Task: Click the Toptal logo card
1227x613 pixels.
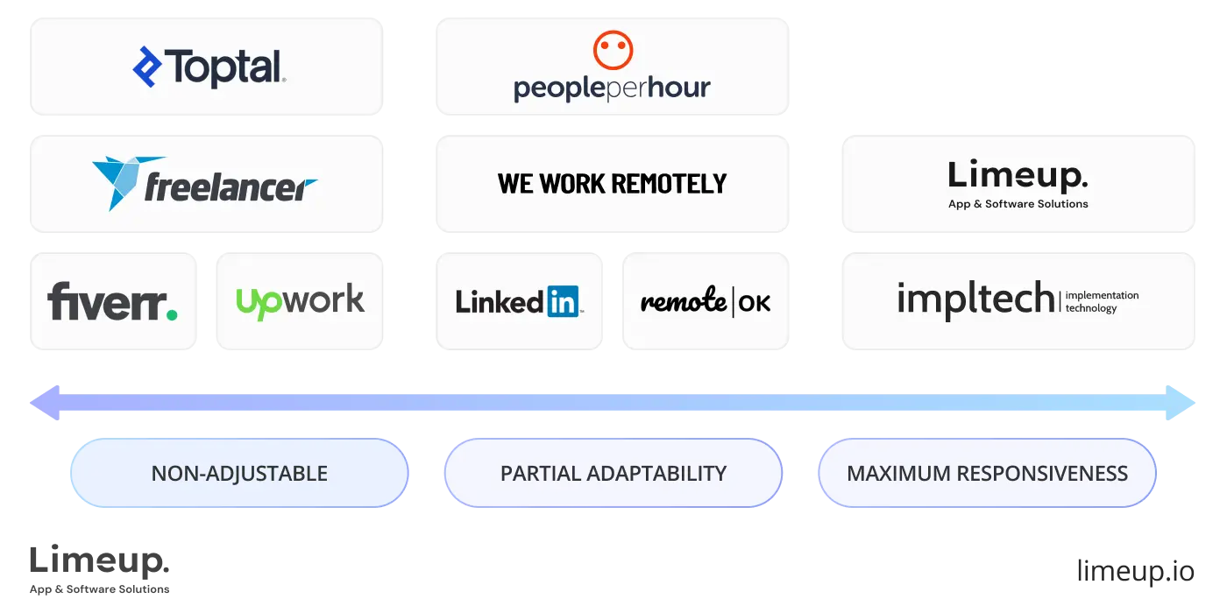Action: pyautogui.click(x=207, y=67)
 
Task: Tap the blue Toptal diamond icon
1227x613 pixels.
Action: pyautogui.click(x=147, y=67)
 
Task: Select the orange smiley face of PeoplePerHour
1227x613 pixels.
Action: pyautogui.click(x=613, y=50)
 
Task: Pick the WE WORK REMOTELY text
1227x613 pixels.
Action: pyautogui.click(x=613, y=183)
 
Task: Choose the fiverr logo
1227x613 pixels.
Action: pyautogui.click(x=112, y=301)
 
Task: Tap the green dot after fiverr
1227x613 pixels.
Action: pyautogui.click(x=172, y=314)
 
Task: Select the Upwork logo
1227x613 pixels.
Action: pyautogui.click(x=300, y=301)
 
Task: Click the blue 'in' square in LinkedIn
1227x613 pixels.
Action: pyautogui.click(x=563, y=302)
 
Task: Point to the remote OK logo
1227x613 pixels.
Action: pyautogui.click(x=706, y=302)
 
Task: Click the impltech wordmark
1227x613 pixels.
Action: pyautogui.click(x=975, y=299)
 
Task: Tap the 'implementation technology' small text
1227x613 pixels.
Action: pyautogui.click(x=1102, y=302)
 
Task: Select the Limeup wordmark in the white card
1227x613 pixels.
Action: pyautogui.click(x=1018, y=175)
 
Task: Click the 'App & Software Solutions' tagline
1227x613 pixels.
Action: pyautogui.click(x=1018, y=204)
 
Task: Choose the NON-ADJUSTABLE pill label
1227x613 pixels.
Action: pyautogui.click(x=239, y=474)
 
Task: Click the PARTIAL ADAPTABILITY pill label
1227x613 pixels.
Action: pyautogui.click(x=613, y=474)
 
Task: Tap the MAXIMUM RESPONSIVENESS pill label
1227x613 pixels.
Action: pyautogui.click(x=987, y=474)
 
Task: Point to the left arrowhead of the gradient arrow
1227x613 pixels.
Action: pyautogui.click(x=39, y=403)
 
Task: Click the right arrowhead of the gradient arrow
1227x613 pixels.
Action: pyautogui.click(x=1186, y=403)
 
